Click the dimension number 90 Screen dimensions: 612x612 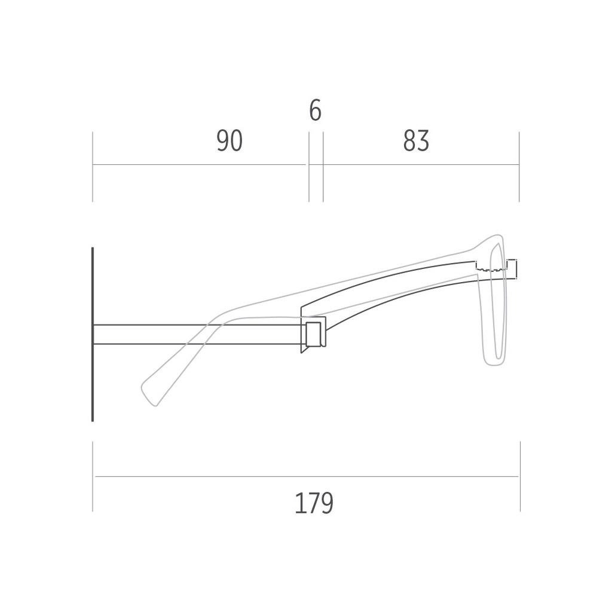[229, 141]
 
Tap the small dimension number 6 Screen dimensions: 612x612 [315, 111]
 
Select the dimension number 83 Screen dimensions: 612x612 [416, 141]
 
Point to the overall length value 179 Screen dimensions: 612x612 [314, 503]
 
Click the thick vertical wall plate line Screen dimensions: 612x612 [93, 335]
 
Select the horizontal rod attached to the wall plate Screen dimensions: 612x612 [197, 334]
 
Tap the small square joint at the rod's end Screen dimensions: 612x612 [314, 334]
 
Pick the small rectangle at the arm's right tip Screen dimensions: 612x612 [512, 268]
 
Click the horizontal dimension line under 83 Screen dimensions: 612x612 [421, 164]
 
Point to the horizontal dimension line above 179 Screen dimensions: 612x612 [306, 476]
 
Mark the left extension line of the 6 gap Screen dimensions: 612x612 [309, 167]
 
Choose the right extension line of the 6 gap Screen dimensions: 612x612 [323, 167]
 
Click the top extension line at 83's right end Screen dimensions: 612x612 [519, 167]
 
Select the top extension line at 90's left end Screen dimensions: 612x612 [93, 167]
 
